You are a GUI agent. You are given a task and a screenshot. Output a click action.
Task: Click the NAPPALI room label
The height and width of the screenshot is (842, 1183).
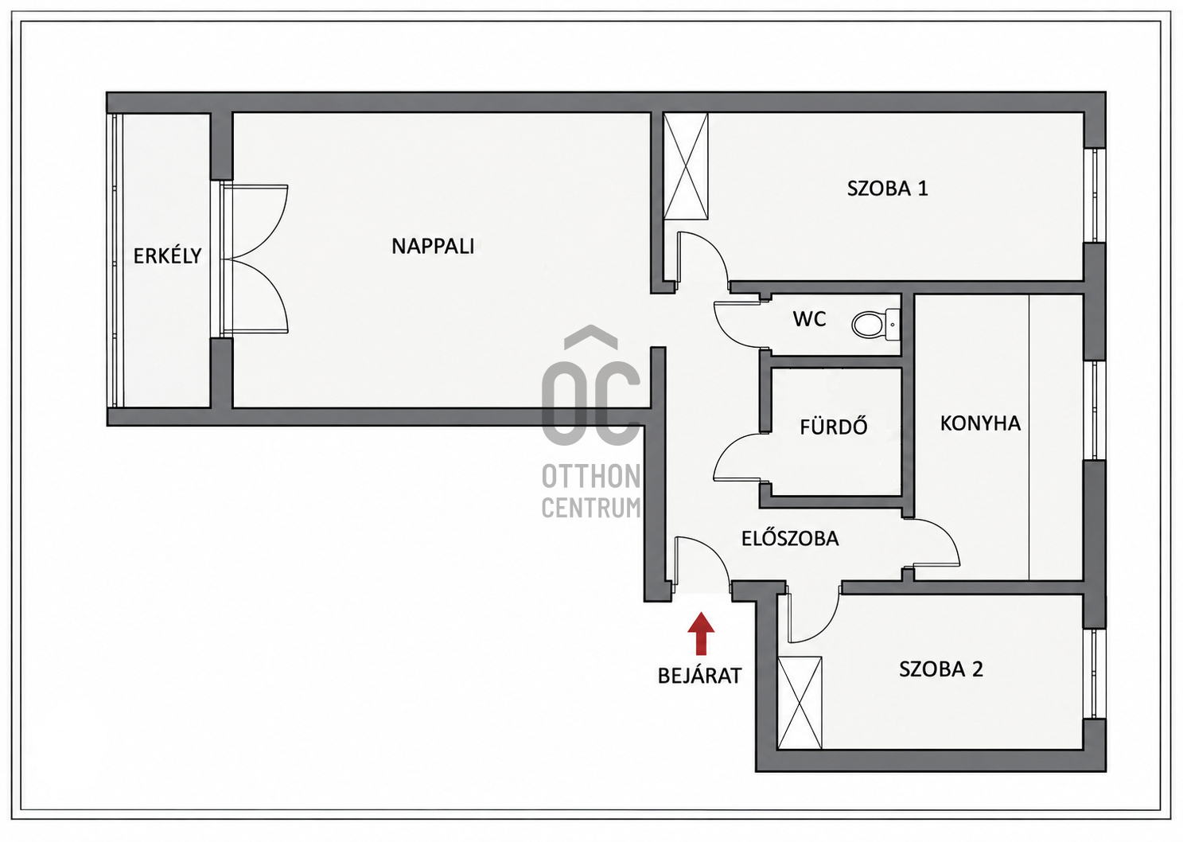pyautogui.click(x=433, y=246)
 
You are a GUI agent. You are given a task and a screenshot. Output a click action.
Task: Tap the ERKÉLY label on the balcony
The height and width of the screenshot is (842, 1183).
pyautogui.click(x=167, y=256)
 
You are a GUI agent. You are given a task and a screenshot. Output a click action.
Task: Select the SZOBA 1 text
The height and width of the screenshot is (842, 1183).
pyautogui.click(x=887, y=189)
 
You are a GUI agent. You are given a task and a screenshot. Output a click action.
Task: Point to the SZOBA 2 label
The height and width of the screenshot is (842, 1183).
pyautogui.click(x=941, y=669)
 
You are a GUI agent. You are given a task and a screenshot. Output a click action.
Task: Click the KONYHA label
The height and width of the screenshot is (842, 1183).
pyautogui.click(x=980, y=423)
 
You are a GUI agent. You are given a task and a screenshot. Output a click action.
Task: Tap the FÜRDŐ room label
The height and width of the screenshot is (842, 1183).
pyautogui.click(x=834, y=427)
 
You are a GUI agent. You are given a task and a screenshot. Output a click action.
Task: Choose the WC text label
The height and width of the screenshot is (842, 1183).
pyautogui.click(x=809, y=319)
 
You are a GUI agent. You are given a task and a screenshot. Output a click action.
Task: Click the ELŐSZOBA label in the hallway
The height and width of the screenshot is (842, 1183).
pyautogui.click(x=790, y=538)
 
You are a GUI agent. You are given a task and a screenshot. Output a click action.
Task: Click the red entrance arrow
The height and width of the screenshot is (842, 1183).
pyautogui.click(x=701, y=633)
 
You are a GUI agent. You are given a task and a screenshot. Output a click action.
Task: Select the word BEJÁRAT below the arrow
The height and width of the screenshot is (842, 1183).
pyautogui.click(x=700, y=676)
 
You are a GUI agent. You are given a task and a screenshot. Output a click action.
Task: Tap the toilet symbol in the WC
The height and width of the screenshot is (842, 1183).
pyautogui.click(x=875, y=325)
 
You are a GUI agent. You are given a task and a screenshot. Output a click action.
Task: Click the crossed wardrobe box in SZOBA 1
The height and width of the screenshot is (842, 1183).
pyautogui.click(x=686, y=166)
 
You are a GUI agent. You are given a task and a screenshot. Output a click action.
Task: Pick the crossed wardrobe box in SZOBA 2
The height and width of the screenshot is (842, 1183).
pyautogui.click(x=800, y=703)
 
